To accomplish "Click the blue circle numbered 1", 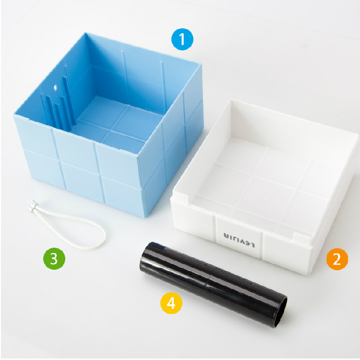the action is click(x=182, y=39).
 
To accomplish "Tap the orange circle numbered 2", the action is click(x=337, y=259).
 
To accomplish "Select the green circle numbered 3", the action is click(x=54, y=259).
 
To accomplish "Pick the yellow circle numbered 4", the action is click(x=171, y=303).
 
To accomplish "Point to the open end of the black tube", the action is click(x=281, y=312).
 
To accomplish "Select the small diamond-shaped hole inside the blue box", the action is click(x=55, y=88).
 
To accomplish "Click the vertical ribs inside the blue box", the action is click(x=59, y=101).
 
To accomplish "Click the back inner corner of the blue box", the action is click(x=85, y=35).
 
